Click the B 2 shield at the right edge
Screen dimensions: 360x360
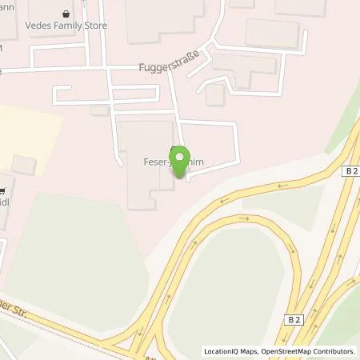350,171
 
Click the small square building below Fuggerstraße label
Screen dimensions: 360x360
214,94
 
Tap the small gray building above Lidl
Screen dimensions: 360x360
24,166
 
